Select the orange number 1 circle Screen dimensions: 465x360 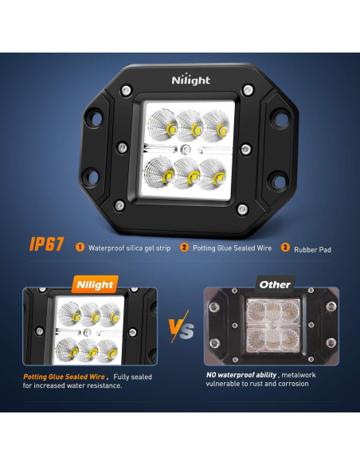[80, 248]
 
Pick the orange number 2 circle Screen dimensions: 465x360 [184, 248]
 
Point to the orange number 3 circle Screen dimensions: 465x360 [285, 248]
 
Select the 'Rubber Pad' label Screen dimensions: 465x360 [314, 249]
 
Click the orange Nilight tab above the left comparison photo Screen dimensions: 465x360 [95, 283]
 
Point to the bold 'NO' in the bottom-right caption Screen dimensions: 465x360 [212, 373]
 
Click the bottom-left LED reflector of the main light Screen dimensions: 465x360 [162, 170]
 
